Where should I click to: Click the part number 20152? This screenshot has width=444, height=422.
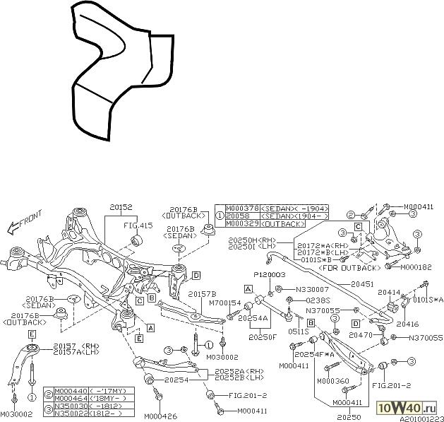point(121,209)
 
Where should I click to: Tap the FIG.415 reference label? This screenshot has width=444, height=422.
point(138,225)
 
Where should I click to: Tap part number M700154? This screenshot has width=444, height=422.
point(226,303)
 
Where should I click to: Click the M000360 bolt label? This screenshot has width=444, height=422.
point(332,381)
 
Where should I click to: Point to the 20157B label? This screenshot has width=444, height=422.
point(202,293)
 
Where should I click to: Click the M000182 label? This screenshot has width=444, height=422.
point(416,267)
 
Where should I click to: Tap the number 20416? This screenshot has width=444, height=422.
point(388,324)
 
